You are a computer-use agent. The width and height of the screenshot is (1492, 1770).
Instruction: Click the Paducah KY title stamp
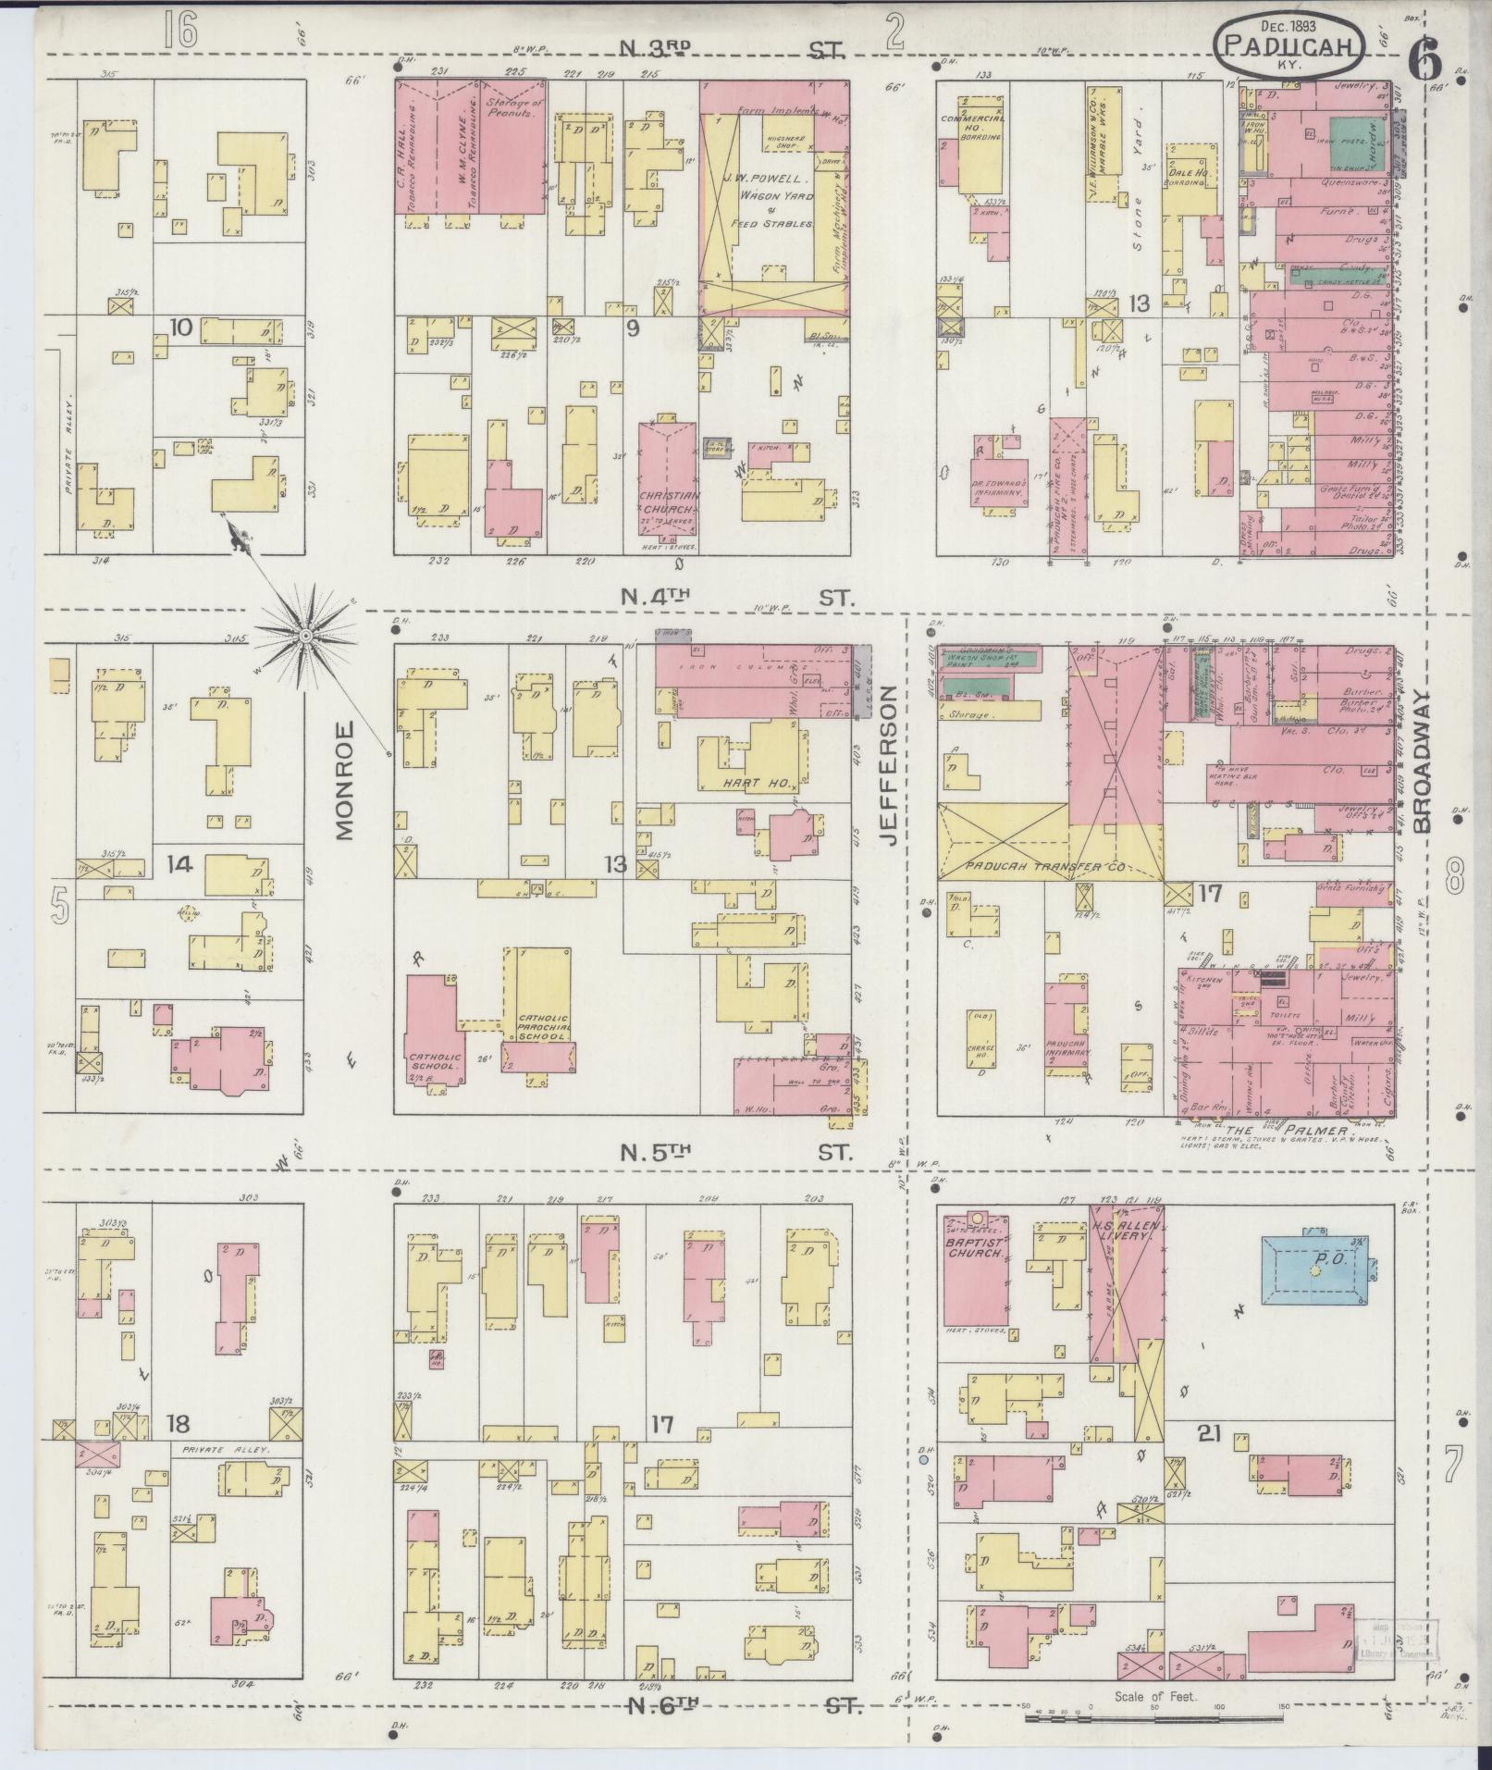click(x=1289, y=46)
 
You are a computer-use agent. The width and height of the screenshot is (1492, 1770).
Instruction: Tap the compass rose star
click(x=304, y=635)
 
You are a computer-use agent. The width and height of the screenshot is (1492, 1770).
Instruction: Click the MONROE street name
click(x=345, y=781)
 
